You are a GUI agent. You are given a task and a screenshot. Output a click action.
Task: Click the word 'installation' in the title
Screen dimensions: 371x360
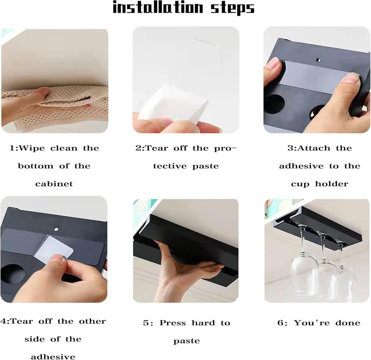tap(158, 7)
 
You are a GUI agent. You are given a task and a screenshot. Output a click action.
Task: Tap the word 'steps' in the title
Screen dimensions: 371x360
tap(232, 9)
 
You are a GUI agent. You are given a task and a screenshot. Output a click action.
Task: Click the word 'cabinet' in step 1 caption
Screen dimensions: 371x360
tap(54, 184)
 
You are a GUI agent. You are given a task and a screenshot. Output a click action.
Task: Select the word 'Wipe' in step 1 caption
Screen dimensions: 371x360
tap(31, 148)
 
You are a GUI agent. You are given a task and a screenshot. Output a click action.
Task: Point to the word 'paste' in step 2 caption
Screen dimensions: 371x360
tap(205, 166)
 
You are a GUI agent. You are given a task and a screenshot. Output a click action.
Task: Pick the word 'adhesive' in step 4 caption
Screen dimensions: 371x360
tap(53, 356)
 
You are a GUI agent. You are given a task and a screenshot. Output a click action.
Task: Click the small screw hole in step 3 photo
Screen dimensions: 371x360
tap(319, 60)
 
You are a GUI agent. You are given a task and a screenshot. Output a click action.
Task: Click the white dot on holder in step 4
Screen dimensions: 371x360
tap(56, 229)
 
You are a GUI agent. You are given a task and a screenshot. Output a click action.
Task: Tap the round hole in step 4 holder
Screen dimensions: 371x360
tap(12, 275)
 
